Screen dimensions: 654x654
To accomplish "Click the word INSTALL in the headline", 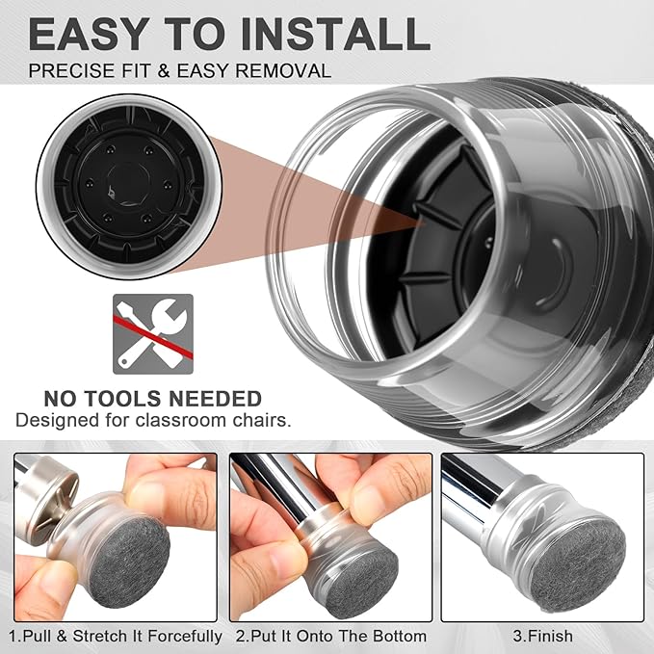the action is pos(335,34).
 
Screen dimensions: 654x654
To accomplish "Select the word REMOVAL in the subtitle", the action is pos(283,70).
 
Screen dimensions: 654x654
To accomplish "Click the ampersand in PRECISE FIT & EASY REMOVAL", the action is pos(165,70).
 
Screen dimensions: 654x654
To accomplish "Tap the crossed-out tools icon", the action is pos(153,334).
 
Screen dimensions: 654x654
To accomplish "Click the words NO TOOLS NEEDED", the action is pos(152,399).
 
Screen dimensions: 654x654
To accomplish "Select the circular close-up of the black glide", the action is pos(129,186).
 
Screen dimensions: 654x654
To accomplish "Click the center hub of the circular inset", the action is pos(128,185).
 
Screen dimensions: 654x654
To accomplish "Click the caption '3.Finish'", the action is pos(542,636).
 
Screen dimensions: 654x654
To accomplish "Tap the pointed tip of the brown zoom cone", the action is pos(427,223).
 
